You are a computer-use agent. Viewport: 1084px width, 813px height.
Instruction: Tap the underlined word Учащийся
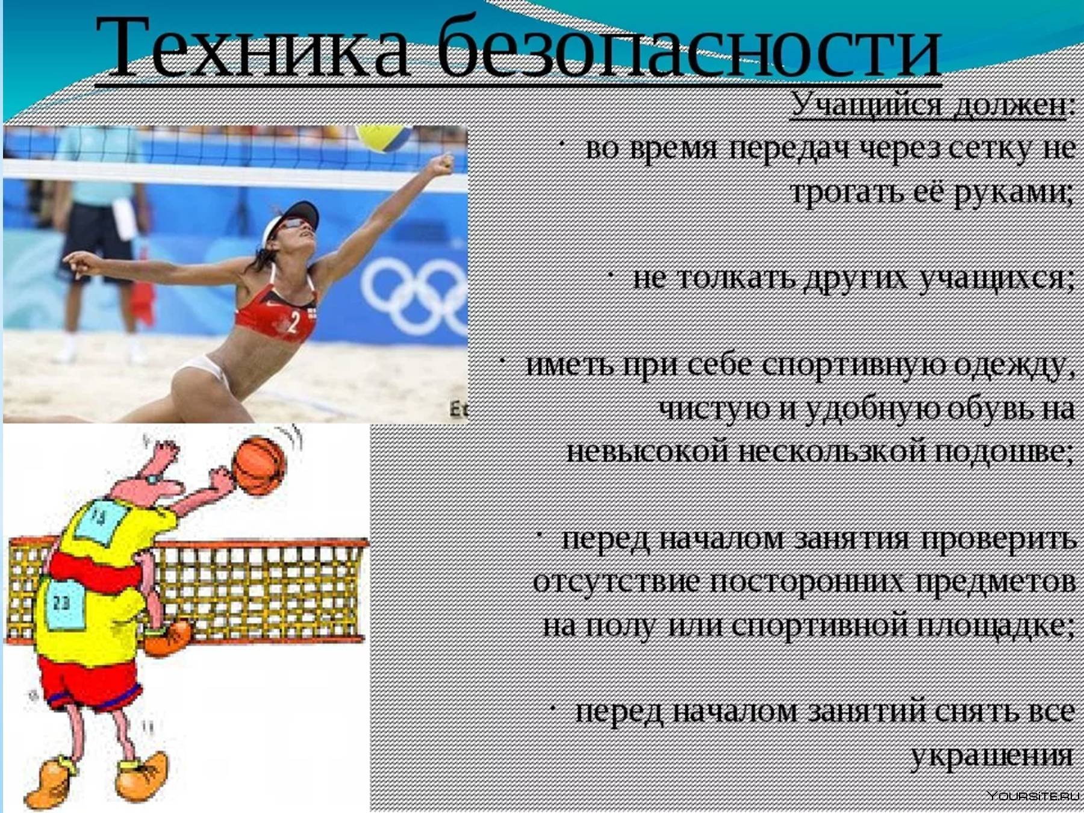pyautogui.click(x=865, y=105)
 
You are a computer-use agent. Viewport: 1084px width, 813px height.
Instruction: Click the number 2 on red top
pyautogui.click(x=293, y=322)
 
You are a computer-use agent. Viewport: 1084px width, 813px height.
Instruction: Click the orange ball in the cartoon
pyautogui.click(x=260, y=466)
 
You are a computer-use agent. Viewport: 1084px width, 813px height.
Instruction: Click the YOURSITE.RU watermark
pyautogui.click(x=1033, y=796)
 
